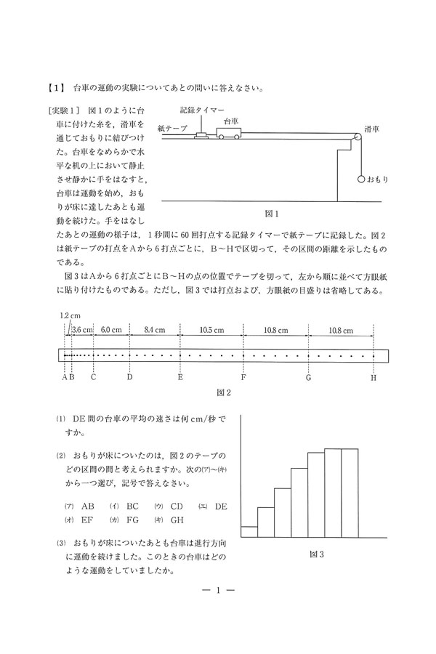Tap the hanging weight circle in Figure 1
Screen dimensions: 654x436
click(361, 177)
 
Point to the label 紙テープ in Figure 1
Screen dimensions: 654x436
click(172, 127)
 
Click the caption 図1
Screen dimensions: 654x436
click(272, 214)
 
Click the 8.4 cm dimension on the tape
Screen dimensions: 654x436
click(154, 330)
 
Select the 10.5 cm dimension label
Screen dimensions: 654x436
click(211, 330)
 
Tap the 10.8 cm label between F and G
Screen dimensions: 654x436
click(276, 330)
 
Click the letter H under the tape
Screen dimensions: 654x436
click(374, 377)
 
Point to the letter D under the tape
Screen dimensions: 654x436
click(129, 377)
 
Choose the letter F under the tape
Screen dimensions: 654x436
click(243, 377)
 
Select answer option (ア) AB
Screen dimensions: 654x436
click(81, 506)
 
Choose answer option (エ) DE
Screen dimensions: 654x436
click(213, 506)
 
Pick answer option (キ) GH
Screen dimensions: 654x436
click(169, 520)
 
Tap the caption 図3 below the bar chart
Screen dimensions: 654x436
click(316, 554)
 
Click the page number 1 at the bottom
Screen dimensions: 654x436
click(217, 590)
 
